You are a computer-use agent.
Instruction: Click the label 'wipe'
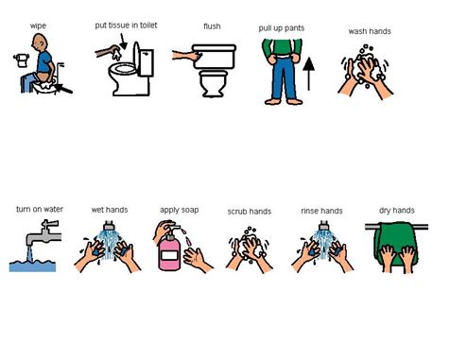tap(38, 26)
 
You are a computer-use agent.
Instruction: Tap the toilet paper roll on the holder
tap(22, 60)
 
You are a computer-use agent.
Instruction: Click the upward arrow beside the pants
tap(308, 74)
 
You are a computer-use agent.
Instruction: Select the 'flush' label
tap(212, 26)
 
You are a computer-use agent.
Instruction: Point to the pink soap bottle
tap(169, 251)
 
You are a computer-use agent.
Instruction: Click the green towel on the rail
tap(395, 243)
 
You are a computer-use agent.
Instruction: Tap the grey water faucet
tap(44, 234)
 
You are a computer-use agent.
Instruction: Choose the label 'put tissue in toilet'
tap(126, 26)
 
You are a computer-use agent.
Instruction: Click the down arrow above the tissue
tap(123, 42)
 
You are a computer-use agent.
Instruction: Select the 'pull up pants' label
tap(282, 28)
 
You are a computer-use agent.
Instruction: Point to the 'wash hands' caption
tap(370, 31)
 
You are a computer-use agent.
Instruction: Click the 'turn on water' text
tap(40, 209)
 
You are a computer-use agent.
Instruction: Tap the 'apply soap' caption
tap(180, 210)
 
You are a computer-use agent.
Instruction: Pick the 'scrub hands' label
tap(250, 212)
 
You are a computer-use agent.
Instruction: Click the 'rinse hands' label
tap(321, 211)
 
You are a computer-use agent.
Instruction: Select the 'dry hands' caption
tap(397, 211)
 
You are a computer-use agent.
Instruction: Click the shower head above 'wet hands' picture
tap(109, 226)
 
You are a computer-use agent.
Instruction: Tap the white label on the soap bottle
tap(170, 255)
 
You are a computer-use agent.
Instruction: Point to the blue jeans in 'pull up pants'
tap(284, 77)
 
